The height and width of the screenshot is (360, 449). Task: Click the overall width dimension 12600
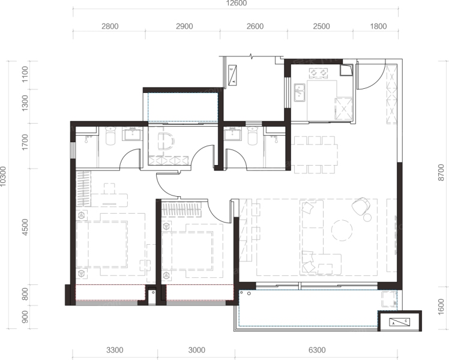click(237, 3)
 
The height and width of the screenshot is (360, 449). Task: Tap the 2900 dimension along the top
click(184, 26)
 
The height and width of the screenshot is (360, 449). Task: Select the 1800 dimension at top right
click(378, 26)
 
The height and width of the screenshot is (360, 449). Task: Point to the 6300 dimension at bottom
click(317, 350)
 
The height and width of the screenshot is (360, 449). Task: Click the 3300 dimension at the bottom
click(115, 350)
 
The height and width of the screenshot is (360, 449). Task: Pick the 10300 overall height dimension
click(3, 176)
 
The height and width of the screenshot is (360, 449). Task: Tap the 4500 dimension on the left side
click(25, 227)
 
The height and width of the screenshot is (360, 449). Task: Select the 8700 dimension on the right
click(441, 172)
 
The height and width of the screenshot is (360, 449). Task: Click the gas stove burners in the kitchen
click(318, 73)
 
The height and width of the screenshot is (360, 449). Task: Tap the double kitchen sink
click(300, 92)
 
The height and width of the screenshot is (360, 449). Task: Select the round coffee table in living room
click(342, 230)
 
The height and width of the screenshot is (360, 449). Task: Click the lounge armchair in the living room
click(361, 205)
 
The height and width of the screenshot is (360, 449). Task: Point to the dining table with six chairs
click(315, 155)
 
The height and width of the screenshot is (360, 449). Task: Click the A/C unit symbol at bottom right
click(399, 322)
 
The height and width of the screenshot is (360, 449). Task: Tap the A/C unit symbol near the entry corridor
click(233, 75)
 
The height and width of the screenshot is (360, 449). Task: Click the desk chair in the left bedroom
click(109, 188)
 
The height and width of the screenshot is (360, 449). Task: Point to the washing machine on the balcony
click(389, 299)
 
